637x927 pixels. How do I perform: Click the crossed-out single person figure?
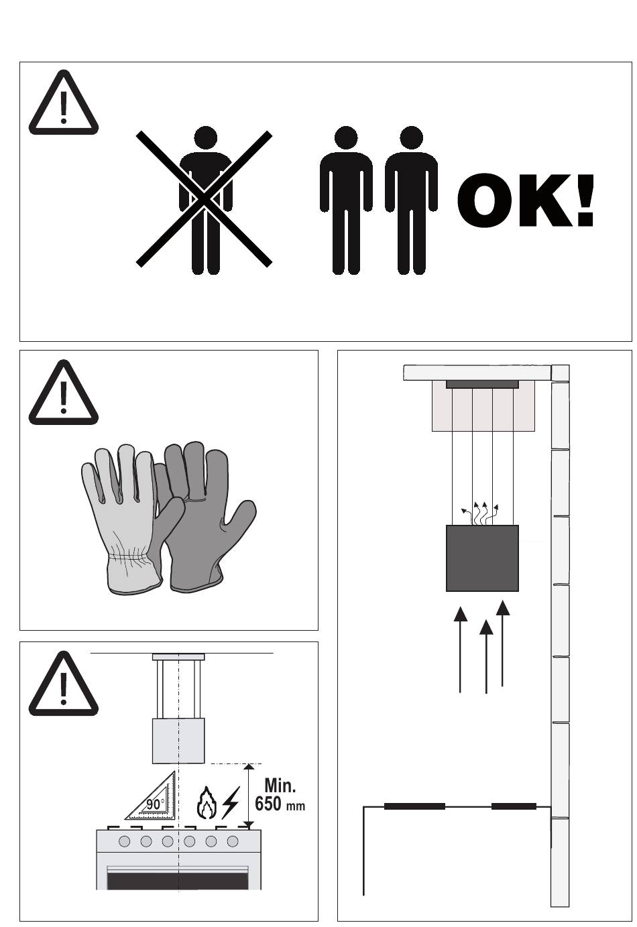click(x=206, y=200)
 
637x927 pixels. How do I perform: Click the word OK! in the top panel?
click(x=526, y=200)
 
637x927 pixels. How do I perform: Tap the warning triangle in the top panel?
click(x=63, y=103)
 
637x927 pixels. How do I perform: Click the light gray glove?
click(x=124, y=517)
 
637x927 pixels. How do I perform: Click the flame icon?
click(x=206, y=802)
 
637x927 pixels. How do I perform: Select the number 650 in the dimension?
click(x=268, y=804)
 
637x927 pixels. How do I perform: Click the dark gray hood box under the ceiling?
click(x=482, y=558)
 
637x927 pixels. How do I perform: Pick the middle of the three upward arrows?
click(x=486, y=656)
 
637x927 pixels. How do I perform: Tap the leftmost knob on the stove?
click(x=124, y=841)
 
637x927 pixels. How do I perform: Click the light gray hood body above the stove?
click(x=178, y=741)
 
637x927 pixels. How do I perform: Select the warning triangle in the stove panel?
click(x=63, y=684)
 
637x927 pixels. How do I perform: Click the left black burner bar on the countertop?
click(x=415, y=806)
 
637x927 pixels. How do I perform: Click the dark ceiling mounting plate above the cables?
click(x=482, y=384)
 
